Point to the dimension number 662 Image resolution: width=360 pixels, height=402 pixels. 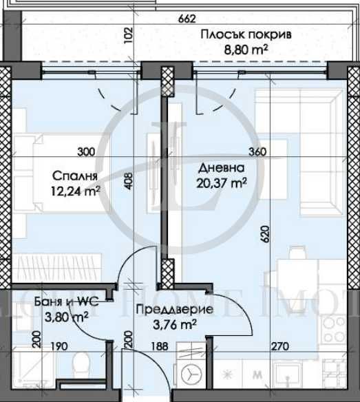click(x=187, y=19)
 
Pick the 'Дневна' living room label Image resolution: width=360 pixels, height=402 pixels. click(x=215, y=168)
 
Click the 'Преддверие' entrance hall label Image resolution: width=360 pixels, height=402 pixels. click(x=174, y=310)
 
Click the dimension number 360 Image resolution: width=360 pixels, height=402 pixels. click(x=256, y=152)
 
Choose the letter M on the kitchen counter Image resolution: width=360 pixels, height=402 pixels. click(x=257, y=375)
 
